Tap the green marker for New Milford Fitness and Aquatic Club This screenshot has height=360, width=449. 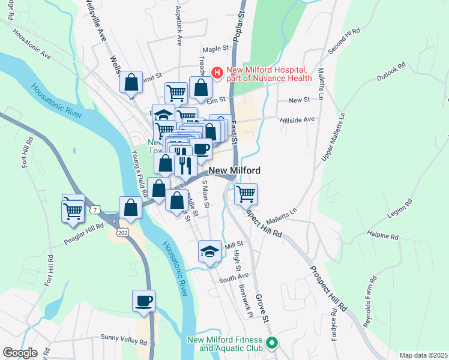pyautogui.click(x=271, y=344)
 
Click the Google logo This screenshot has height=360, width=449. pyautogui.click(x=20, y=353)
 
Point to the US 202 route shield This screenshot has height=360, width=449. pyautogui.click(x=123, y=232)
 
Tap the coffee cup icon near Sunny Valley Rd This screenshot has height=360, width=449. pyautogui.click(x=144, y=301)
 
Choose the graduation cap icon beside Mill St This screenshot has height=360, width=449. pyautogui.click(x=209, y=251)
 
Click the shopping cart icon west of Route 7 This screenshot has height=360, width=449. pyautogui.click(x=73, y=209)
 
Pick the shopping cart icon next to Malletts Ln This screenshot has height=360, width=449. pyautogui.click(x=246, y=194)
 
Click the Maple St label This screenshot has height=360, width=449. pyautogui.click(x=217, y=49)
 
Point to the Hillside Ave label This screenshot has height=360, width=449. pyautogui.click(x=297, y=119)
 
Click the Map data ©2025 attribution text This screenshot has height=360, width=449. pyautogui.click(x=423, y=355)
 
